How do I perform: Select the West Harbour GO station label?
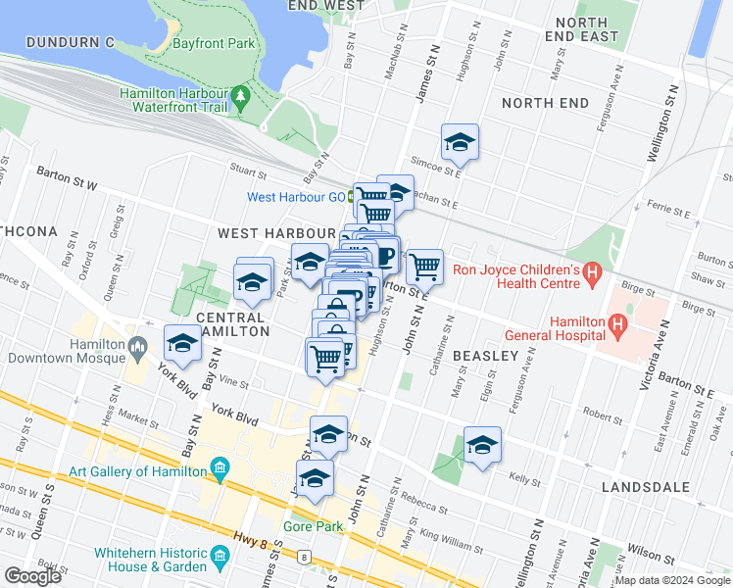coord(295,197)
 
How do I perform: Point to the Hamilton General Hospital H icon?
coord(617,323)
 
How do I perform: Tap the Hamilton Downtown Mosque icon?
coord(138,345)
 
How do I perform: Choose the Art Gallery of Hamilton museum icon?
coord(219,470)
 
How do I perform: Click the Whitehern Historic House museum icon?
coord(220,560)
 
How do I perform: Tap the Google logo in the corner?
coord(32,576)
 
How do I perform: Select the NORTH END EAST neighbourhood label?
coord(587,29)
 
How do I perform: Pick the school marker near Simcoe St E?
coord(459,143)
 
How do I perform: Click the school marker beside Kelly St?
coord(482,445)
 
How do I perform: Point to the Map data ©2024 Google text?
coord(672,580)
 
